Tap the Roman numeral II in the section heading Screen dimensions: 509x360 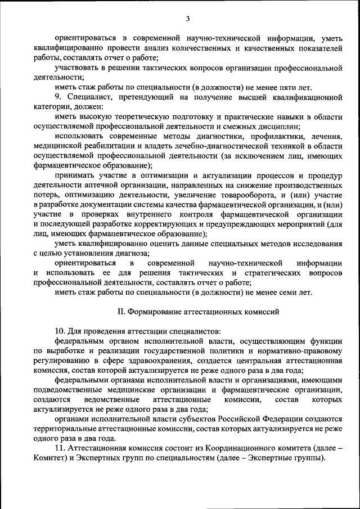(120, 311)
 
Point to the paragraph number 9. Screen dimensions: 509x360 (57, 97)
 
